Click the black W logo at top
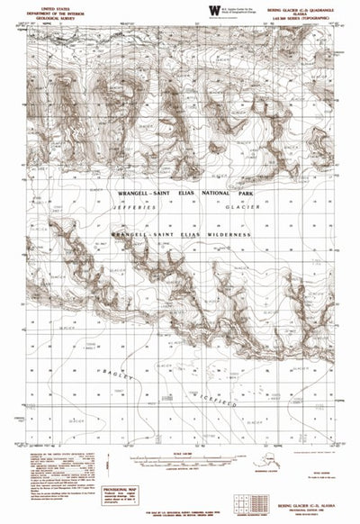(x=213, y=10)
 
